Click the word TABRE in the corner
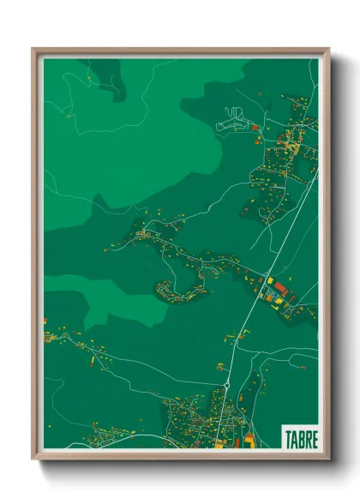point(300,438)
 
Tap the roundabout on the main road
point(225,387)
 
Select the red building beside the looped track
point(255,128)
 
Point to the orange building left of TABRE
point(249,439)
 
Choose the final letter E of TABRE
point(314,438)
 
